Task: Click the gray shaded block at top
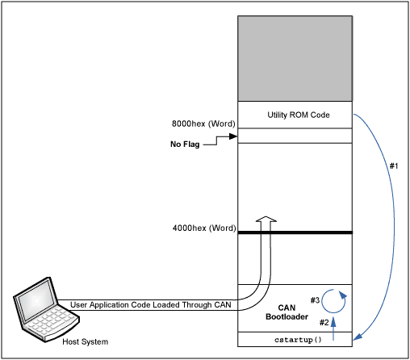295,58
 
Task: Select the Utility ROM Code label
295,115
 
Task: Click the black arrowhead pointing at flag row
233,136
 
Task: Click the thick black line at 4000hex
295,232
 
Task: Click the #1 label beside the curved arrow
394,165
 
